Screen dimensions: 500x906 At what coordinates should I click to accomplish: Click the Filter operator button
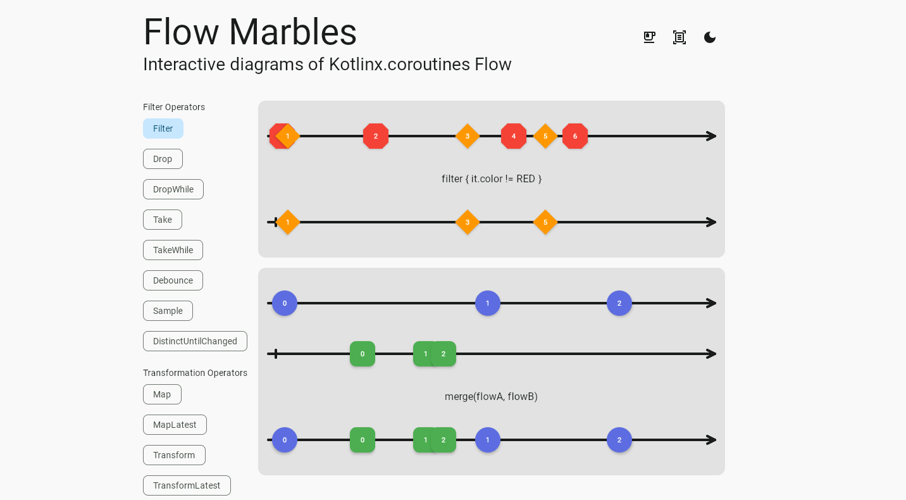pyautogui.click(x=163, y=128)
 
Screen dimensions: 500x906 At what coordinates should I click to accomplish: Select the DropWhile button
pyautogui.click(x=173, y=189)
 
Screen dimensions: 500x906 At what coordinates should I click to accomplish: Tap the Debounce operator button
pyautogui.click(x=173, y=280)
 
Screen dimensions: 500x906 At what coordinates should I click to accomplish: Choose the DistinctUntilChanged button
pyautogui.click(x=195, y=341)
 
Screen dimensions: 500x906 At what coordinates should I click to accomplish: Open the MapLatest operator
pyautogui.click(x=175, y=425)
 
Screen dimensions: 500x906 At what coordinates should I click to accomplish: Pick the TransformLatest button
pyautogui.click(x=187, y=485)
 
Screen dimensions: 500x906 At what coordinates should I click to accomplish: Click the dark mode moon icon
pyautogui.click(x=710, y=37)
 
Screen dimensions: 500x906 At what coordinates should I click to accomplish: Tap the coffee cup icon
pyautogui.click(x=649, y=37)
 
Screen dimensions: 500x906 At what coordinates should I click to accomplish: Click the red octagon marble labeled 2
pyautogui.click(x=376, y=136)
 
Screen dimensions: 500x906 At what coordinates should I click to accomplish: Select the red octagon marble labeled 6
pyautogui.click(x=575, y=136)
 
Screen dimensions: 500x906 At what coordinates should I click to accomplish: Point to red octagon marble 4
pyautogui.click(x=514, y=136)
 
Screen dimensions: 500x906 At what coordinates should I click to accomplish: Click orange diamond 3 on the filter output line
pyautogui.click(x=468, y=222)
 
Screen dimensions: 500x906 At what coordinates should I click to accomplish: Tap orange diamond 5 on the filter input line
pyautogui.click(x=545, y=136)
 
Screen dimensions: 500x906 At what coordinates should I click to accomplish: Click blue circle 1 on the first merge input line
pyautogui.click(x=488, y=303)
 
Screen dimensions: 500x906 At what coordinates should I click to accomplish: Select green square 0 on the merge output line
pyautogui.click(x=363, y=440)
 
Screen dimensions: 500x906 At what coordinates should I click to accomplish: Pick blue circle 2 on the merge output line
pyautogui.click(x=619, y=440)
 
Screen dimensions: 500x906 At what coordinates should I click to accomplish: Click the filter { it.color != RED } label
pyautogui.click(x=492, y=179)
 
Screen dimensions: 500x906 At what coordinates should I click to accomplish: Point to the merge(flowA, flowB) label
pyautogui.click(x=491, y=397)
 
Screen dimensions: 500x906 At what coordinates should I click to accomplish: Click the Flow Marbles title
pyautogui.click(x=250, y=32)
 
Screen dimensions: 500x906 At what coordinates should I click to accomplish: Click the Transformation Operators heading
pyautogui.click(x=195, y=373)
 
